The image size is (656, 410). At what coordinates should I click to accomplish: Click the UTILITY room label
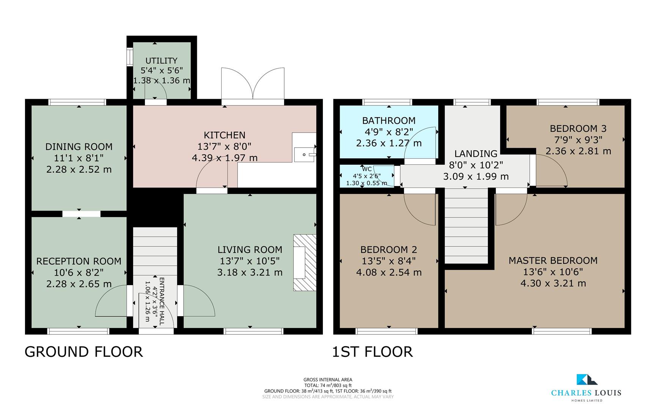[x=161, y=61]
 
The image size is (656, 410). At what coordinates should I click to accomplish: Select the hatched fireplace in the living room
[x=305, y=263]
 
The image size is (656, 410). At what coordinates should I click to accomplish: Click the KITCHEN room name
[x=225, y=135]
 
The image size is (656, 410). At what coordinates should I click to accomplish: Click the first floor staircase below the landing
[x=466, y=226]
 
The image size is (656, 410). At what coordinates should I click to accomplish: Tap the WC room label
[x=367, y=169]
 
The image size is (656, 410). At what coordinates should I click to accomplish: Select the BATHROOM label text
[x=389, y=121]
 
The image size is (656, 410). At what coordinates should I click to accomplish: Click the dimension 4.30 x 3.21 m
[x=553, y=283]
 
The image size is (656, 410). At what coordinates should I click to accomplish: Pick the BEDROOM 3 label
[x=578, y=128]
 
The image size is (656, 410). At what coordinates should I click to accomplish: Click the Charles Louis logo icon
[x=586, y=380]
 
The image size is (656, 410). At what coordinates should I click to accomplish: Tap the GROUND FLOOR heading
[x=83, y=352]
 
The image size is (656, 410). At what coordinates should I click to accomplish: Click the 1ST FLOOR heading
[x=372, y=352]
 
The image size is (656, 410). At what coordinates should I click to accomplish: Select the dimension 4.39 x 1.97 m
[x=225, y=158]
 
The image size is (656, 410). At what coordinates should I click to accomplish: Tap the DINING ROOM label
[x=79, y=147]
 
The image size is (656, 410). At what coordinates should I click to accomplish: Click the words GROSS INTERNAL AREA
[x=328, y=380]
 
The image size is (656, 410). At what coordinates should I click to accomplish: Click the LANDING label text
[x=476, y=154]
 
